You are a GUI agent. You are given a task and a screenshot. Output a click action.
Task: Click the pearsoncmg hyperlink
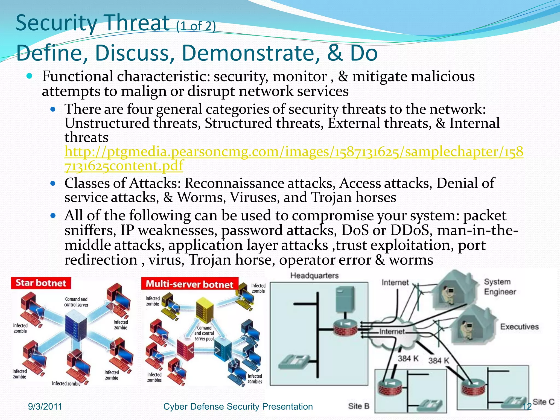294,152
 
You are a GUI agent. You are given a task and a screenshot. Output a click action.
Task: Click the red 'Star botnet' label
41,283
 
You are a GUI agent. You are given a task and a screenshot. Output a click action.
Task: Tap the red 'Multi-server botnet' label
189,284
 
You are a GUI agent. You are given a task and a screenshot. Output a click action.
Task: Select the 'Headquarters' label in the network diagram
314,276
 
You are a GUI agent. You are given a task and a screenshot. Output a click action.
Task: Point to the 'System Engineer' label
500,287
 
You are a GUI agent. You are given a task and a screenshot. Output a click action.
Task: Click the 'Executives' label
519,327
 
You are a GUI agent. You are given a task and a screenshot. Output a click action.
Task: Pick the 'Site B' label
359,406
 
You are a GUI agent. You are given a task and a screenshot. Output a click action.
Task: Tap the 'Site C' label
543,402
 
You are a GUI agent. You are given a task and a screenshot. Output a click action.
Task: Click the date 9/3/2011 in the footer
45,407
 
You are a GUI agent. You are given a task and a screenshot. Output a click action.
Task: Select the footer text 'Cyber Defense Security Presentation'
238,407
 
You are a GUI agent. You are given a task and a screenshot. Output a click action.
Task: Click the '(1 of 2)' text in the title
196,27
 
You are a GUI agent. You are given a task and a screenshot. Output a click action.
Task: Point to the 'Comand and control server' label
76,302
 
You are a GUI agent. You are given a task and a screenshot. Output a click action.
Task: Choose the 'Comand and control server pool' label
204,333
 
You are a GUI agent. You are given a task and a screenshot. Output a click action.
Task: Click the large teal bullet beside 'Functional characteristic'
30,76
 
